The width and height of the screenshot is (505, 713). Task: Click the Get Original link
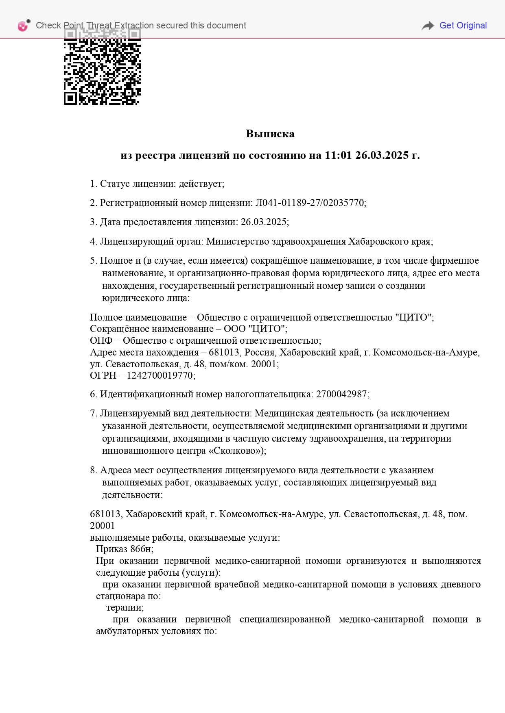[x=463, y=26]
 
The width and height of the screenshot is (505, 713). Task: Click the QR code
[x=102, y=69]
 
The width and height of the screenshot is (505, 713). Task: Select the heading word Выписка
[x=270, y=134]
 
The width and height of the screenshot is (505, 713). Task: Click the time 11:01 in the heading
[x=338, y=155]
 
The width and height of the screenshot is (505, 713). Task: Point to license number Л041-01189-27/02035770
[x=310, y=203]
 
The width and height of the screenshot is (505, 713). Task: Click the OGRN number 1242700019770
[x=160, y=375]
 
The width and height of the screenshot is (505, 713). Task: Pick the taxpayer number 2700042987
[x=342, y=394]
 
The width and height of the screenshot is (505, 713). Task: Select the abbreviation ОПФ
[x=101, y=340]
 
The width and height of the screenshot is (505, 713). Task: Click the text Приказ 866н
[x=124, y=549]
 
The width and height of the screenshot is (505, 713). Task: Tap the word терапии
[x=125, y=607]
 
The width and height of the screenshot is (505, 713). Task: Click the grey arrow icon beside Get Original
[x=428, y=26]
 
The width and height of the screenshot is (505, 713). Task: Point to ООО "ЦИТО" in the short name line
[x=255, y=329]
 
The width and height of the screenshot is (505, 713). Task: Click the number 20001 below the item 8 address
[x=102, y=525]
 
